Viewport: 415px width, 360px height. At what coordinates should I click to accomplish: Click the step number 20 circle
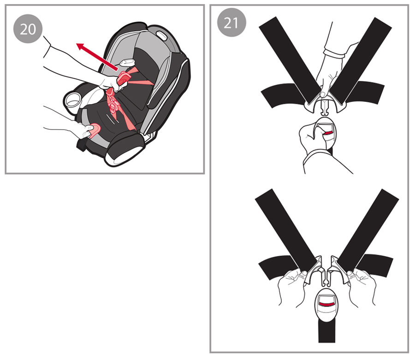pyautogui.click(x=28, y=29)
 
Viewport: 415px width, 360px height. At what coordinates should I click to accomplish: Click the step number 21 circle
pyautogui.click(x=231, y=23)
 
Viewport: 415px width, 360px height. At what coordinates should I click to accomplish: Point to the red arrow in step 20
pyautogui.click(x=97, y=57)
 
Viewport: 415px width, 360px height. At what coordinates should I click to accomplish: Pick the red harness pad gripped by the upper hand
pyautogui.click(x=124, y=78)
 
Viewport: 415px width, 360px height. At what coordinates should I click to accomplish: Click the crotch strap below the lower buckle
pyautogui.click(x=326, y=330)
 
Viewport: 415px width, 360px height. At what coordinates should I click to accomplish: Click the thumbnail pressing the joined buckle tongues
pyautogui.click(x=323, y=94)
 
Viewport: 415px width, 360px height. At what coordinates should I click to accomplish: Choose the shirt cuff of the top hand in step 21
pyautogui.click(x=334, y=53)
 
